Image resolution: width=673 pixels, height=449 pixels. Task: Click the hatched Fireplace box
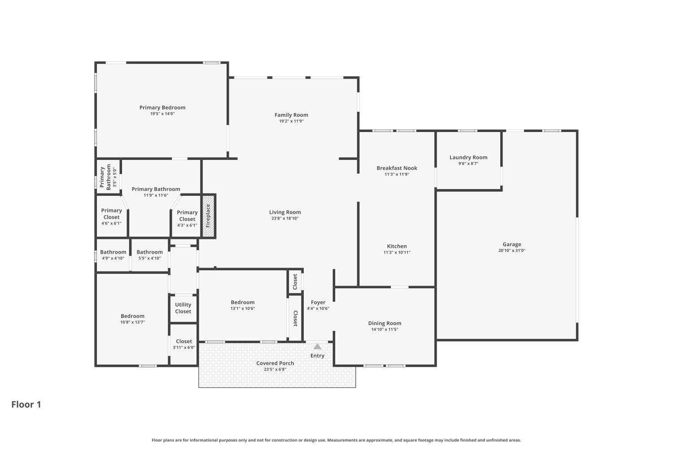208,216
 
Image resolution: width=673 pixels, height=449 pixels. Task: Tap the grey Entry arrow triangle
317,346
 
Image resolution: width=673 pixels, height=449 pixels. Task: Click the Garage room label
511,244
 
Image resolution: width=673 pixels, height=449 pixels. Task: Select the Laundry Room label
468,157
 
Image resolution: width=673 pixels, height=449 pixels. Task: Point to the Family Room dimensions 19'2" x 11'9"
291,121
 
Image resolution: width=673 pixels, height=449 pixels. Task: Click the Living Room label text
285,212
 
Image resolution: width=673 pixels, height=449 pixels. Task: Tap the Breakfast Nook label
397,168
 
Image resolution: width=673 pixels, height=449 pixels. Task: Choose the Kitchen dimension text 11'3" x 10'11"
397,252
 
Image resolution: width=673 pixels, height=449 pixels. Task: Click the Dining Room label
385,323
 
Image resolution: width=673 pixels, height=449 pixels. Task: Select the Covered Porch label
275,363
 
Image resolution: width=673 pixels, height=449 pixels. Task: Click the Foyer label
318,302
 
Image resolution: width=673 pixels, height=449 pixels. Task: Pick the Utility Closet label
183,308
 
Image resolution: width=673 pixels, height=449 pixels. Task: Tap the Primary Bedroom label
162,107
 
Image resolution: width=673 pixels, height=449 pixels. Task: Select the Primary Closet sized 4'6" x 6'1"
111,214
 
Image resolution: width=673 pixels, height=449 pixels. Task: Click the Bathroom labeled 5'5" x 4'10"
149,252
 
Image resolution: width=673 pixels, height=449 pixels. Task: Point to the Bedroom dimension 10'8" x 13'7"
132,322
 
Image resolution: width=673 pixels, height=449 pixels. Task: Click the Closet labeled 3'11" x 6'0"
184,341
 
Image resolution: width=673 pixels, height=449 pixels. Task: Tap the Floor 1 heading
26,404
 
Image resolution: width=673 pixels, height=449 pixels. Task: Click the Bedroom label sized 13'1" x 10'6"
242,302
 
